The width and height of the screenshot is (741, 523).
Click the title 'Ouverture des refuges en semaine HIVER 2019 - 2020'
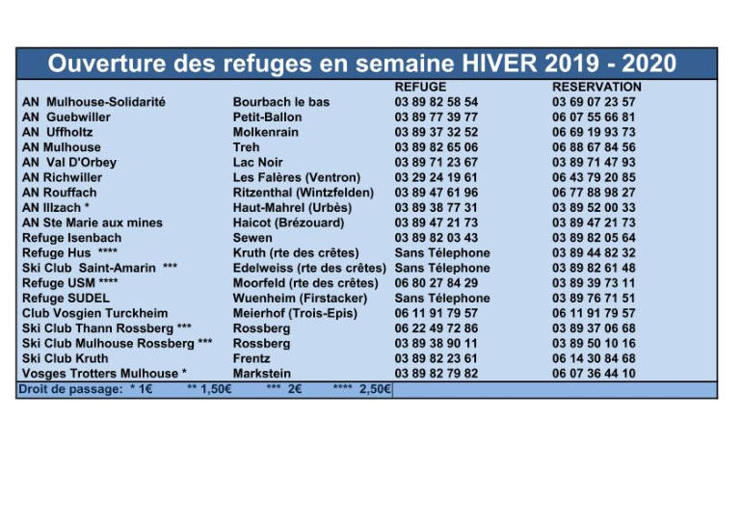click(362, 65)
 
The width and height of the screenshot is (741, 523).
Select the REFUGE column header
click(420, 87)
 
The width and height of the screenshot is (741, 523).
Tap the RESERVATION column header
click(596, 87)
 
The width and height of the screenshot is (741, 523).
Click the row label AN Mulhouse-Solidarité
click(93, 102)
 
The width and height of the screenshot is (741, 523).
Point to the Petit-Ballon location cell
click(267, 117)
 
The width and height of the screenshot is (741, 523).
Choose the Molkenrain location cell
click(266, 132)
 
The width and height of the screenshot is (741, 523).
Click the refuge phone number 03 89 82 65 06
click(437, 147)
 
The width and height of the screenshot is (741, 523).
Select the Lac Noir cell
click(258, 163)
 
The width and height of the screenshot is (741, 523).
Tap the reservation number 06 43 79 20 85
click(594, 177)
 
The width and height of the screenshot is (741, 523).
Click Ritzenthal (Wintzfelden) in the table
click(303, 193)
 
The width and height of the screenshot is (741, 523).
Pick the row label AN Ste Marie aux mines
click(93, 222)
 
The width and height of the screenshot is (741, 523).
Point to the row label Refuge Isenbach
click(72, 238)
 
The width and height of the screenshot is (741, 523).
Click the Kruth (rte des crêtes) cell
click(296, 252)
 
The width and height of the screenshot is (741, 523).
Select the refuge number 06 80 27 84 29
click(437, 283)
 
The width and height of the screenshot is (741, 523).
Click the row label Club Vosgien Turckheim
click(94, 313)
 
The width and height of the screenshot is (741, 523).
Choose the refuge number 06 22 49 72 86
click(437, 328)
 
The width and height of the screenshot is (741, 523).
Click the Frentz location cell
click(252, 358)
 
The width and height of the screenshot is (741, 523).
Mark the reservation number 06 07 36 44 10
click(594, 374)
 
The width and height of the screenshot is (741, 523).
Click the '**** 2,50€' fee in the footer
click(361, 389)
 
